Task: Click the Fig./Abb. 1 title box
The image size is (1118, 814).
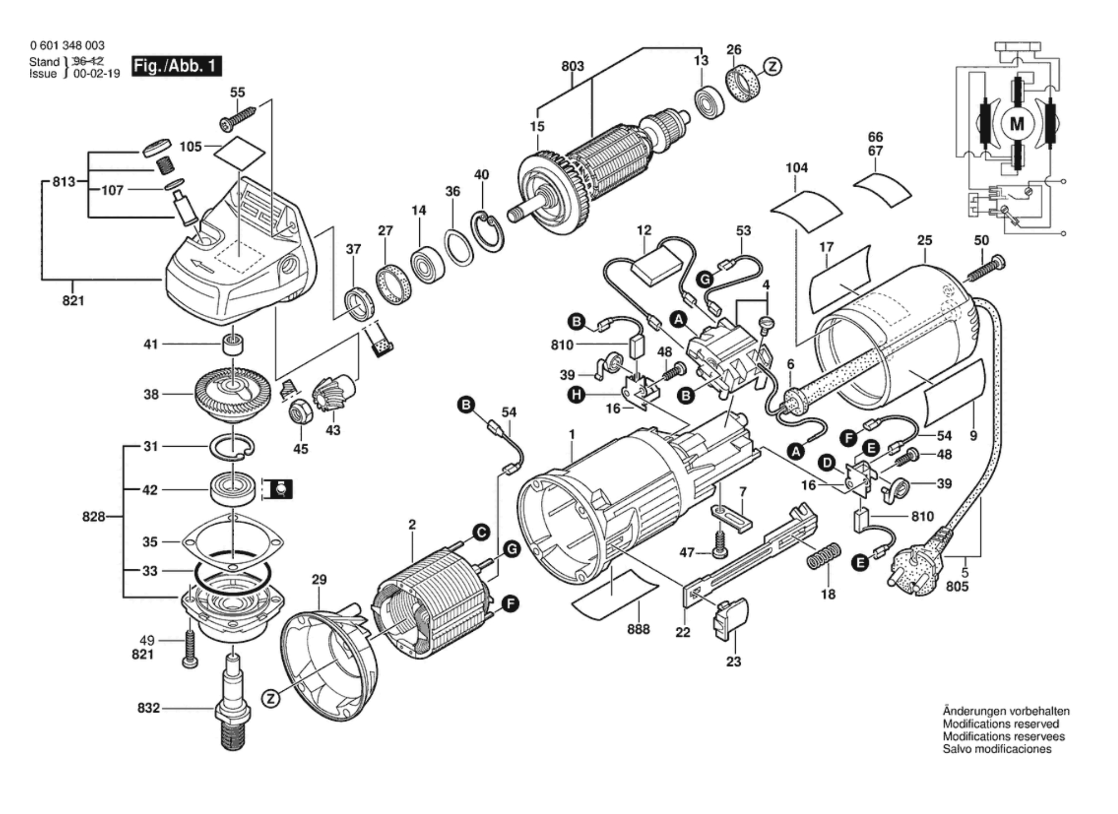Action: [177, 66]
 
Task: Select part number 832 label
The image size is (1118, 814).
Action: [149, 707]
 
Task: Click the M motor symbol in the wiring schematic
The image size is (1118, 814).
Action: [1017, 124]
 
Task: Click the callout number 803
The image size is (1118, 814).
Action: [572, 66]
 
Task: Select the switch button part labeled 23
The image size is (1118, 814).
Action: [730, 620]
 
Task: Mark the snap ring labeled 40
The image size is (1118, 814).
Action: [487, 232]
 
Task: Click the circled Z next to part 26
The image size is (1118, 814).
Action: [773, 67]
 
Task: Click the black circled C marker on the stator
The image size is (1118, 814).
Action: [482, 532]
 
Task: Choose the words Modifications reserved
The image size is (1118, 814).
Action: [1001, 723]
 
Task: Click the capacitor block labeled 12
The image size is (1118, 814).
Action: [660, 268]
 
